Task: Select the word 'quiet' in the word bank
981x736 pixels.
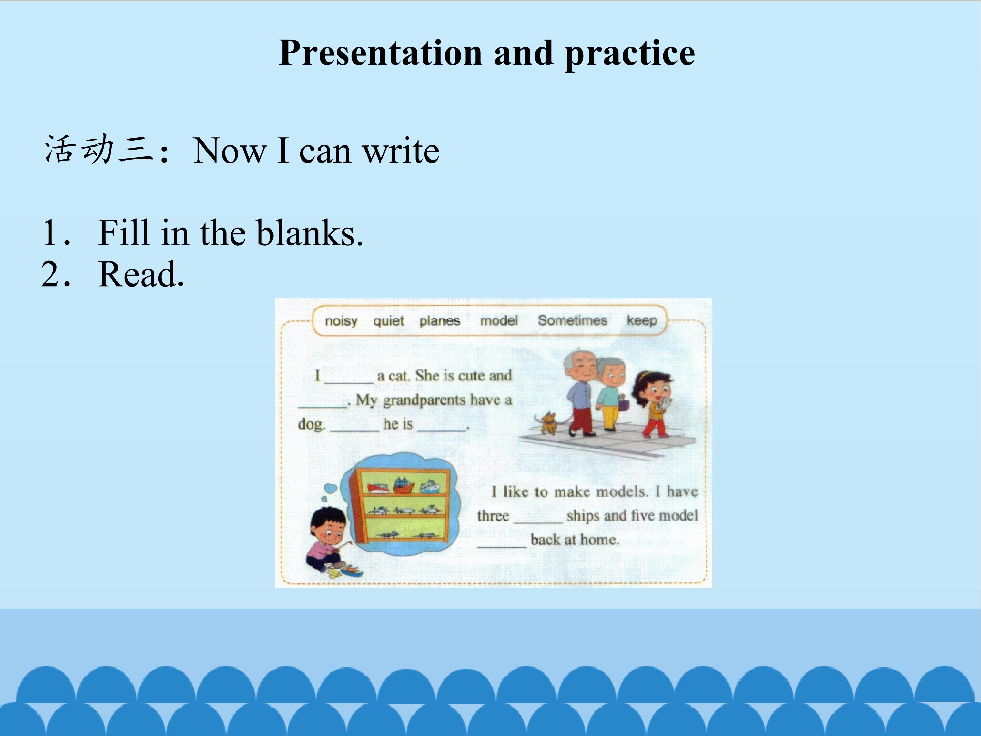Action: pos(389,321)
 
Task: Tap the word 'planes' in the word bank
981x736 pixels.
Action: pos(440,321)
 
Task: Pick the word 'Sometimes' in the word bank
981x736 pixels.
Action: pos(573,320)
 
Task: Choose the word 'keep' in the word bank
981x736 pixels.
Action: pos(642,320)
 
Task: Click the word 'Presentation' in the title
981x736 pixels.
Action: pos(380,53)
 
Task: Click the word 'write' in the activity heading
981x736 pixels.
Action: pos(401,151)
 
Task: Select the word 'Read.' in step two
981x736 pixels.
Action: pos(141,274)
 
